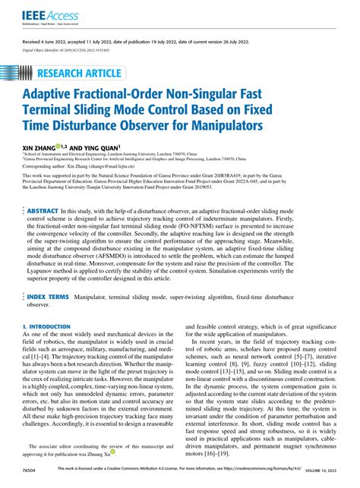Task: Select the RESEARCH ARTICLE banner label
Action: [83, 74]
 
